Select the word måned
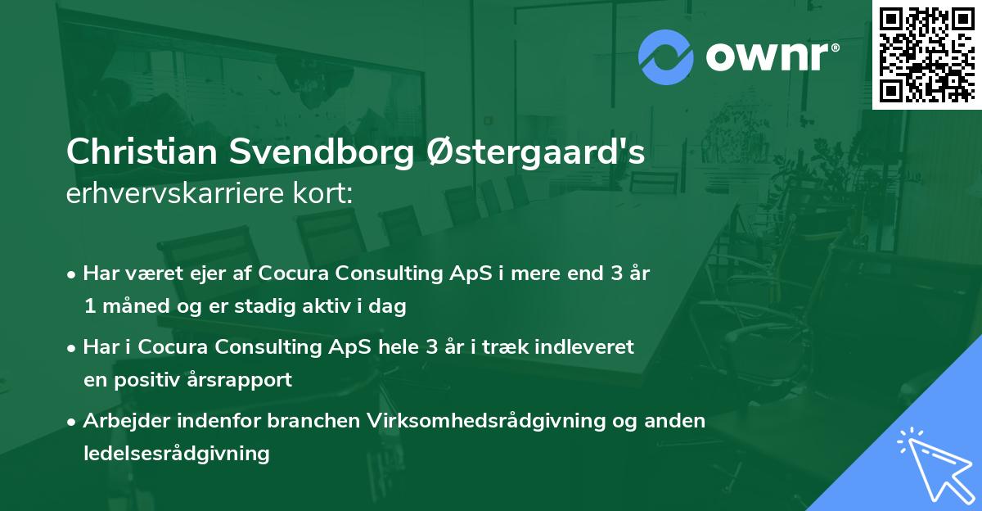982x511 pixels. click(130, 307)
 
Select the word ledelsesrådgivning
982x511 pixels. click(176, 453)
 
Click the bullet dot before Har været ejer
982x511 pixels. click(72, 274)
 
